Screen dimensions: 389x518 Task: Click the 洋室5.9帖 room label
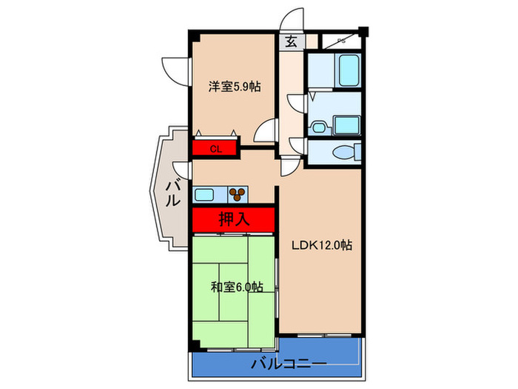tap(234, 87)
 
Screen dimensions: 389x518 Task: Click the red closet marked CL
tap(215, 148)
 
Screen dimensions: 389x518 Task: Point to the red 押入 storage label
tap(234, 219)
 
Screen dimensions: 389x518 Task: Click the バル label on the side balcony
tap(172, 192)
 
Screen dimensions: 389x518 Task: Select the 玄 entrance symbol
tap(291, 41)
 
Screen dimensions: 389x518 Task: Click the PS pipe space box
tap(340, 41)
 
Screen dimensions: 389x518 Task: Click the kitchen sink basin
tap(203, 195)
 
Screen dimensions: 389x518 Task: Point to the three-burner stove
tap(238, 195)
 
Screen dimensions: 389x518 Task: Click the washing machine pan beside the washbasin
tap(345, 124)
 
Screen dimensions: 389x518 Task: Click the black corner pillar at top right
tap(363, 32)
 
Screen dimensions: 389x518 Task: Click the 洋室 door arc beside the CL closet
tap(264, 133)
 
